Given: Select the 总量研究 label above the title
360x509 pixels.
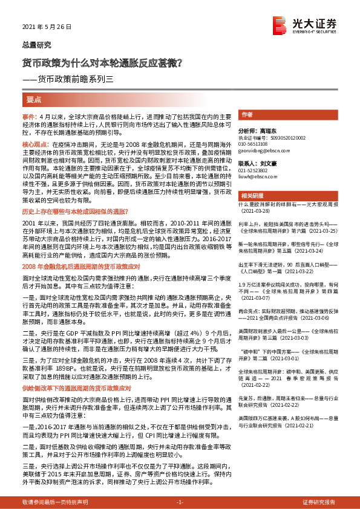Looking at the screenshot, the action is click(x=33, y=45).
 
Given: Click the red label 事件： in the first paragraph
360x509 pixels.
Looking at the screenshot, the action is click(x=30, y=115).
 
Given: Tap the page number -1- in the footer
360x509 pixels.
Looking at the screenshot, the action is click(x=179, y=502).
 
